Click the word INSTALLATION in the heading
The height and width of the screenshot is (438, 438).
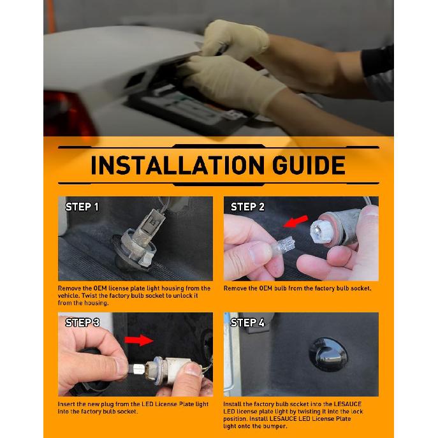(177, 165)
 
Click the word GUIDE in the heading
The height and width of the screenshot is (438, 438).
(309, 165)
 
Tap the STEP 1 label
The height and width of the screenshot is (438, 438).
(82, 207)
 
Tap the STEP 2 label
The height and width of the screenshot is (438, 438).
(247, 207)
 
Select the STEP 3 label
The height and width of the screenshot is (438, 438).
(82, 323)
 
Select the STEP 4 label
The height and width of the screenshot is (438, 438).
(247, 323)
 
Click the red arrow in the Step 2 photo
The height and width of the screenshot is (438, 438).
(296, 221)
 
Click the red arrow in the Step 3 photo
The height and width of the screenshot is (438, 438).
(139, 340)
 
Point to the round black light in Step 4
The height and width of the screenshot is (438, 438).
(328, 354)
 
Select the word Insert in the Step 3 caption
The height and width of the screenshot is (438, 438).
(66, 404)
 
